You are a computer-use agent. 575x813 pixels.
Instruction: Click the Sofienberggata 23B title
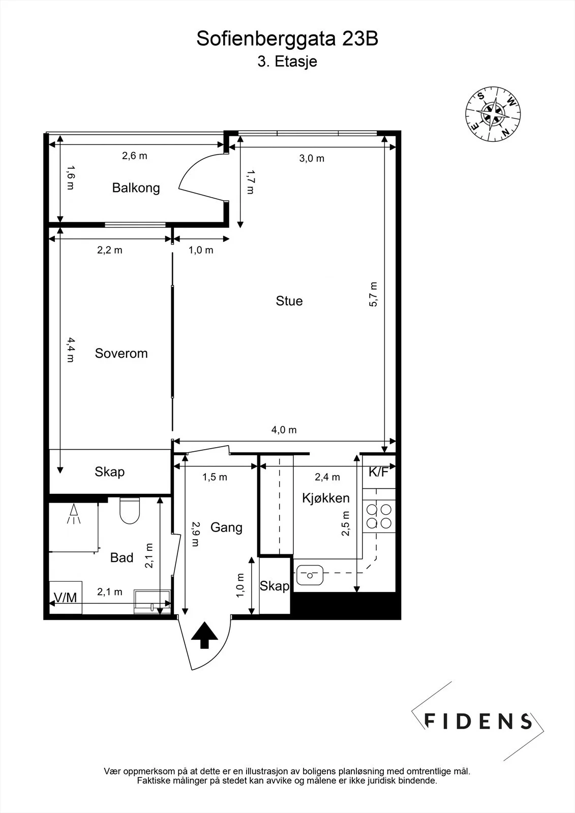[x=287, y=39]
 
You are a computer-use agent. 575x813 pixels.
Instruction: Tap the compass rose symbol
[x=493, y=114]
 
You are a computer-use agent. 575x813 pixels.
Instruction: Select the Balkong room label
[x=136, y=188]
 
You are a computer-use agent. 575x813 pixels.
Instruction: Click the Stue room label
[x=289, y=301]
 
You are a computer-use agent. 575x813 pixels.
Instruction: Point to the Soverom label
[x=122, y=354]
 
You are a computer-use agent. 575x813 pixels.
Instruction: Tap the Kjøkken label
[x=326, y=498]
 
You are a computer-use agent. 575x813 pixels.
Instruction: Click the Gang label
[x=226, y=528]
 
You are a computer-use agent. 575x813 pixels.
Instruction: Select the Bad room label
[x=122, y=557]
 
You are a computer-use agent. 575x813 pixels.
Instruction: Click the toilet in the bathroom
[x=130, y=511]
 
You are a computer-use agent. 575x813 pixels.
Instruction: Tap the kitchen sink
[x=310, y=575]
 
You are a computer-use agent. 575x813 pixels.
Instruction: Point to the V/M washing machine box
[x=66, y=598]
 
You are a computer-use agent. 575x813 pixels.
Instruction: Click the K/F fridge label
[x=378, y=472]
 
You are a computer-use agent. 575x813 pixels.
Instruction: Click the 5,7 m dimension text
[x=373, y=294]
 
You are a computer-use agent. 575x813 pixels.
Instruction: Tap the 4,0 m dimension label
[x=284, y=430]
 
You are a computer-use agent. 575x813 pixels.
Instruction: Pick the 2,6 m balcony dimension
[x=134, y=156]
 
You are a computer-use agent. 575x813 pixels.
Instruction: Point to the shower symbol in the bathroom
[x=74, y=514]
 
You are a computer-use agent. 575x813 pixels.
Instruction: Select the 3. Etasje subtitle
[x=287, y=61]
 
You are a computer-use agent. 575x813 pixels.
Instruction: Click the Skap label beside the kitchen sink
[x=274, y=586]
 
